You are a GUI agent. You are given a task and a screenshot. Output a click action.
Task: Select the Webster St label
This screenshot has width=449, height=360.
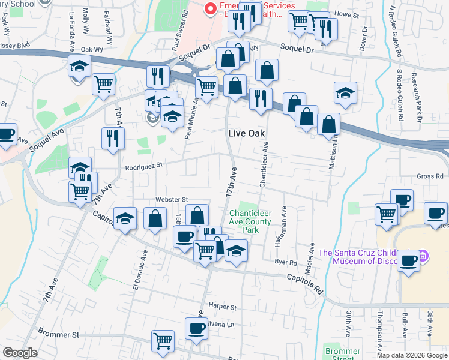click(172, 199)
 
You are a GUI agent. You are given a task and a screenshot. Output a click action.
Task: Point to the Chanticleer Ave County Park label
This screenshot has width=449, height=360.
click(250, 221)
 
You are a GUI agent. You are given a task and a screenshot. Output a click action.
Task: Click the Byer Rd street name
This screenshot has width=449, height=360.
click(286, 262)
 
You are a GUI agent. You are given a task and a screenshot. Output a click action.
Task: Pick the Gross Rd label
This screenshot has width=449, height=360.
click(430, 176)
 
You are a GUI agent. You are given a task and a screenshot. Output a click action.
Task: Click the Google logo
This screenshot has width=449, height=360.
click(20, 353)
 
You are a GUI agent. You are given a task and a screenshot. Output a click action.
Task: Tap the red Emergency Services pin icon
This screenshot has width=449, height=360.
click(210, 8)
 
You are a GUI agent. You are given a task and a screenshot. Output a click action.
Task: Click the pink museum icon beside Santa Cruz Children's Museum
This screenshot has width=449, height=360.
click(424, 256)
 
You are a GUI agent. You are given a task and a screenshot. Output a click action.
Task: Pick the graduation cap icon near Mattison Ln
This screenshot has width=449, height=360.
click(345, 92)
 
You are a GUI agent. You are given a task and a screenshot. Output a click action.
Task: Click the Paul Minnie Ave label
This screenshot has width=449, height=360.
click(188, 121)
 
